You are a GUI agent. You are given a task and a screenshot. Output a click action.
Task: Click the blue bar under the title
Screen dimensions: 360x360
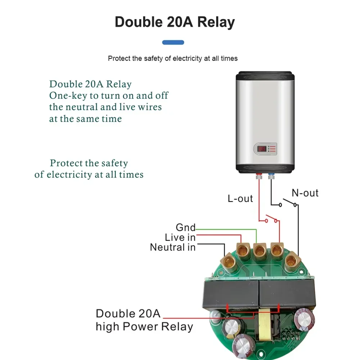(x=173, y=42)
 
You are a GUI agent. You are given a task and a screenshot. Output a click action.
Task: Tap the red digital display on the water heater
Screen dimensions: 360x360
(x=262, y=148)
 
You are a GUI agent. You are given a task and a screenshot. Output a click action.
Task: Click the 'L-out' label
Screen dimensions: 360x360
(x=240, y=198)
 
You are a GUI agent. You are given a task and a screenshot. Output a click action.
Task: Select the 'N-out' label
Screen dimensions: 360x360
(x=305, y=193)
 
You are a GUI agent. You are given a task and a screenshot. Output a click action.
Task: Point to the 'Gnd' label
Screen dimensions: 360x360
(x=185, y=228)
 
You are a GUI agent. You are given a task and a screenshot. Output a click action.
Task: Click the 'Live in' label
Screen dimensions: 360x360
(x=180, y=238)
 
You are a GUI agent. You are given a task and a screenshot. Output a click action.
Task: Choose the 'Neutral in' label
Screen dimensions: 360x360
(x=173, y=247)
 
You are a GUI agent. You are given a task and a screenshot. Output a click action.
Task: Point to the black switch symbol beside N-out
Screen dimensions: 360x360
(x=288, y=203)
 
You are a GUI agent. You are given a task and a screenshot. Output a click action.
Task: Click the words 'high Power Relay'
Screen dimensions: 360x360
(x=144, y=327)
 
